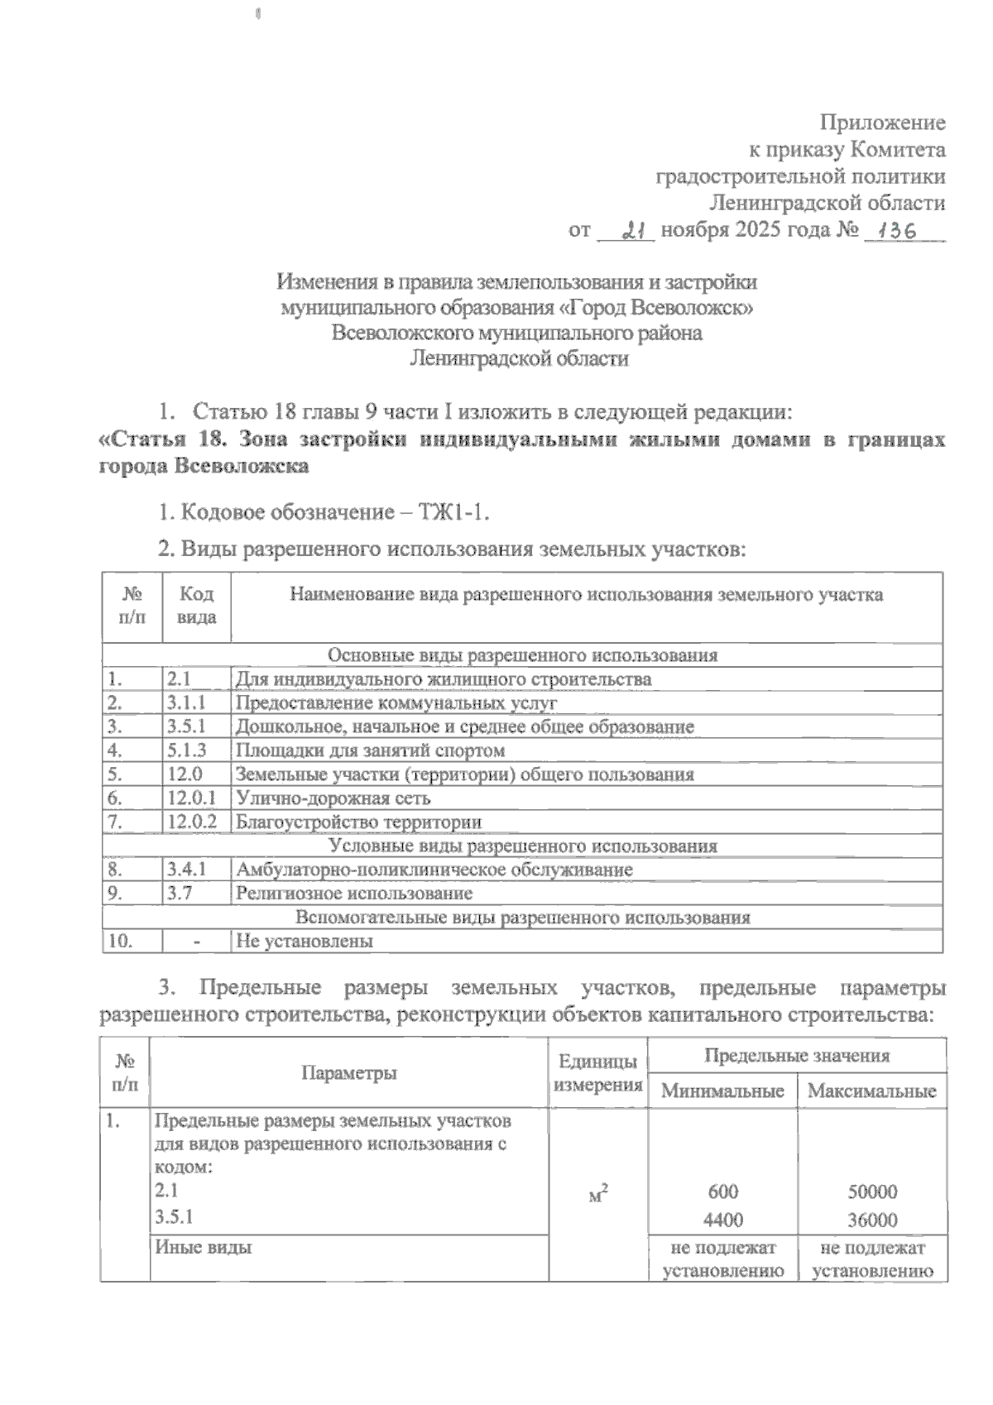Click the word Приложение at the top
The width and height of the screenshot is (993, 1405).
(x=882, y=123)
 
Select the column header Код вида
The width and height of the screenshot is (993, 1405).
(x=197, y=606)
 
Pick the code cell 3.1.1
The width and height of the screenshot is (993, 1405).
(x=186, y=703)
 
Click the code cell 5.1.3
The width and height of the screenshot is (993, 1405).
(x=186, y=751)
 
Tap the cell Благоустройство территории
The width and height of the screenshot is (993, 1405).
(x=359, y=823)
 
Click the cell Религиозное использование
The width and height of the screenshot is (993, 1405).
(x=354, y=894)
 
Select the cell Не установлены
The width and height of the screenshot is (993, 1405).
(x=305, y=942)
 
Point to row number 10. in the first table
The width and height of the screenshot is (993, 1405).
(x=121, y=942)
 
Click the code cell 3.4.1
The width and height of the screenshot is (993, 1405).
(x=186, y=870)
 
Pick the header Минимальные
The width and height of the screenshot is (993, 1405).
(x=722, y=1091)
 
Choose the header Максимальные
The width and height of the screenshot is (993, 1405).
(x=871, y=1091)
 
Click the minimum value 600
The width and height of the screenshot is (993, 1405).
(x=722, y=1192)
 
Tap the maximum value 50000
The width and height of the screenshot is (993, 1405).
(x=872, y=1192)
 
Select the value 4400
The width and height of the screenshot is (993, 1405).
(x=722, y=1220)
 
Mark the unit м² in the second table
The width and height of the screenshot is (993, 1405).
(x=597, y=1194)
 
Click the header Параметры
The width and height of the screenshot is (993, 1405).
(x=348, y=1073)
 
